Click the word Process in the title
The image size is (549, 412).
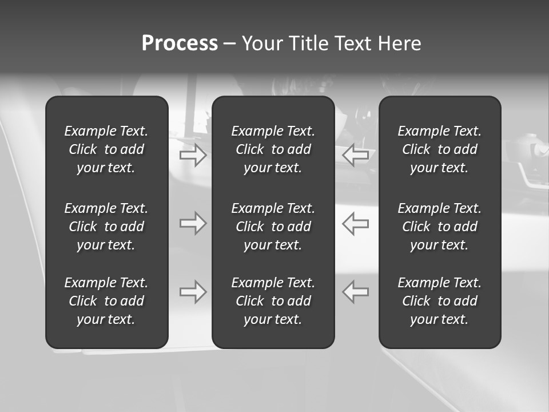(180, 43)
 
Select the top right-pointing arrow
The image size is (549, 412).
(193, 155)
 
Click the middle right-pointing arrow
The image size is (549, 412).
(193, 223)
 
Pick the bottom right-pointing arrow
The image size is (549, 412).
(193, 292)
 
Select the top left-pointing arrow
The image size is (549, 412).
(356, 155)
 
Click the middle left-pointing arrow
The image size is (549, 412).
(356, 223)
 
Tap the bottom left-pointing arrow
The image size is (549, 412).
(356, 292)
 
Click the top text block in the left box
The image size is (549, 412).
(106, 149)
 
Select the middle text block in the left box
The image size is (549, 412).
(106, 227)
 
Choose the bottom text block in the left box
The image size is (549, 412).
(106, 301)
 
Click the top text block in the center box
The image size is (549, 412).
(273, 149)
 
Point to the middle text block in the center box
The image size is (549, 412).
(273, 227)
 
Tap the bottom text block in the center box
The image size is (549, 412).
(273, 301)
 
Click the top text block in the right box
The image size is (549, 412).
(440, 149)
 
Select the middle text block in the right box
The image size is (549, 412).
(440, 227)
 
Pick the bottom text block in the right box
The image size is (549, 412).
(440, 301)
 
